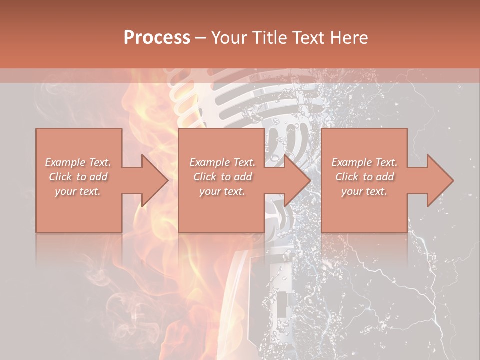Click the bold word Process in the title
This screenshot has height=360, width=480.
[157, 38]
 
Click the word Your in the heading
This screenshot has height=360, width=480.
[228, 38]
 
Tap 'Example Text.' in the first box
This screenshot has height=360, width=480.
[78, 162]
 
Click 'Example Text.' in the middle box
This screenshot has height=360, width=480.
[222, 162]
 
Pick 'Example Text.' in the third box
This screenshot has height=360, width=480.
[364, 162]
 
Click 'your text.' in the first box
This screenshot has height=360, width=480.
[78, 191]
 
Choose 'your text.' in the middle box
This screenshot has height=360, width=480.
[222, 191]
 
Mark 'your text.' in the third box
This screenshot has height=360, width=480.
[364, 191]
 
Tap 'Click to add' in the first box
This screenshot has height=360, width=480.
[78, 177]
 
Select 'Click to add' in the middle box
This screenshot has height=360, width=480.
[222, 177]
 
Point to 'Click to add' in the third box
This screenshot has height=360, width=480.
[364, 177]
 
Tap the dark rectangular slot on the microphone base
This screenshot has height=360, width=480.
[282, 305]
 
